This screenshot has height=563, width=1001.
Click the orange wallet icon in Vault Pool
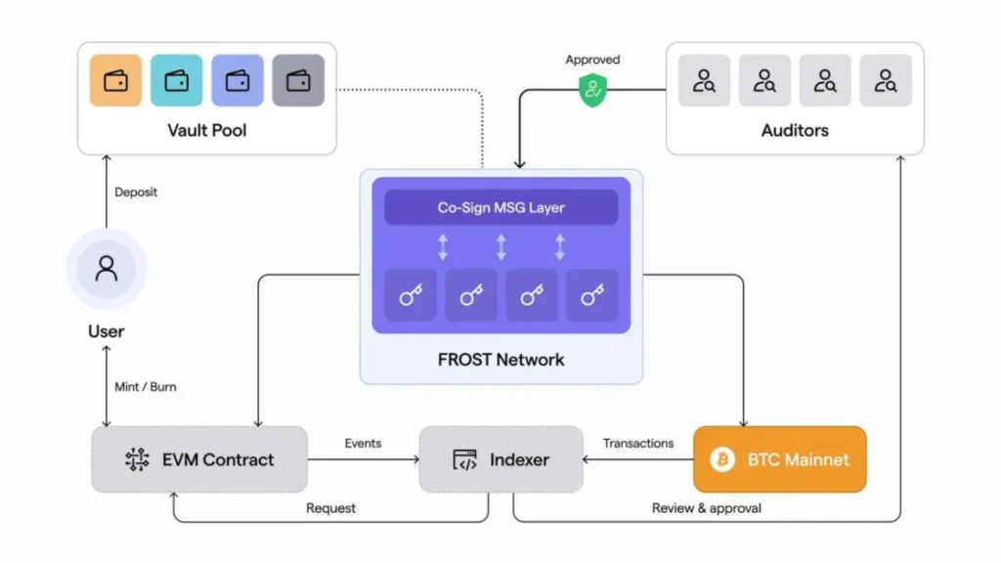pos(115,80)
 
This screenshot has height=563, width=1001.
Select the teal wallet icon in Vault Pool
pos(177,80)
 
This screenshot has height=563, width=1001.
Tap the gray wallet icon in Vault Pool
pos(298,80)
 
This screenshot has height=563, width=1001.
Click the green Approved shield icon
pos(592,91)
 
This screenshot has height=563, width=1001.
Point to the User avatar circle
pos(106,268)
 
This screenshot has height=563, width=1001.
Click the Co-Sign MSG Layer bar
pos(500,207)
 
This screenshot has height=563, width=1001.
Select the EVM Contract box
pos(199,459)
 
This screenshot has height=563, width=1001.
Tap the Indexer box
pos(500,459)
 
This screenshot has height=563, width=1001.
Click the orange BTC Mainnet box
pos(780,459)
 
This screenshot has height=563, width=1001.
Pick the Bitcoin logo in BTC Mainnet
pos(722,459)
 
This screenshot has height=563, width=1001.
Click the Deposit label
pos(136,193)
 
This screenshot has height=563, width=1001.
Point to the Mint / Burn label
pos(146,387)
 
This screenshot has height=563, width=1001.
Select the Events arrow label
pos(363,443)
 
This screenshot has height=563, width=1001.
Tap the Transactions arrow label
pos(638,443)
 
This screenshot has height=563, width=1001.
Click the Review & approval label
pos(706,508)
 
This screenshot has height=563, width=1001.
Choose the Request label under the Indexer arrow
pos(330,508)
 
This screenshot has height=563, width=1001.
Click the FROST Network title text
pos(500,360)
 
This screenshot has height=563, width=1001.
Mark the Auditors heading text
pos(795,129)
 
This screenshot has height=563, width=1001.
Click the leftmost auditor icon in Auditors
pos(704,80)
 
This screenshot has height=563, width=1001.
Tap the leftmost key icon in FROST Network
pos(410,295)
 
